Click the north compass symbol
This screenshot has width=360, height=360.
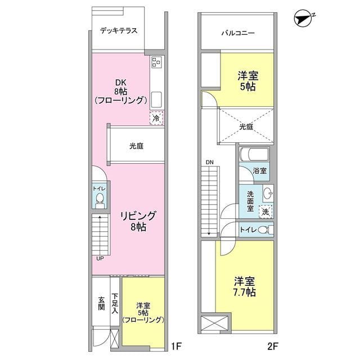303,19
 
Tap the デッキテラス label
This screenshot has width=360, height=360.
119,31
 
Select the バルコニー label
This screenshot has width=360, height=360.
238,33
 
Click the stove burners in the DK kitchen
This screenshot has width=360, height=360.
157,62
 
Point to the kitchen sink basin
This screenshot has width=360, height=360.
156,100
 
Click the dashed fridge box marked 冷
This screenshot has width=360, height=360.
156,118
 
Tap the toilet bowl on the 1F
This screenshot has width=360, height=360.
100,199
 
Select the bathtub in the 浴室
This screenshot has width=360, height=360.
254,154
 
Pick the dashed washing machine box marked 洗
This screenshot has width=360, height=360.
265,211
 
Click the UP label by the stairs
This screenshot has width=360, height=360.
100,259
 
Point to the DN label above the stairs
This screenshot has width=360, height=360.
209,163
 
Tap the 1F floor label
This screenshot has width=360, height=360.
176,346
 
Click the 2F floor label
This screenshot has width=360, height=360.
273,346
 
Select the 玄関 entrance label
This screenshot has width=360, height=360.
101,303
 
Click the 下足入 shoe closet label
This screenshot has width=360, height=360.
115,303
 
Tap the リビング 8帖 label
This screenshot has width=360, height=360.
138,221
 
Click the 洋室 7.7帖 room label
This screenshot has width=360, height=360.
245,287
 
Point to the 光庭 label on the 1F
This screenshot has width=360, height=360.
136,146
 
